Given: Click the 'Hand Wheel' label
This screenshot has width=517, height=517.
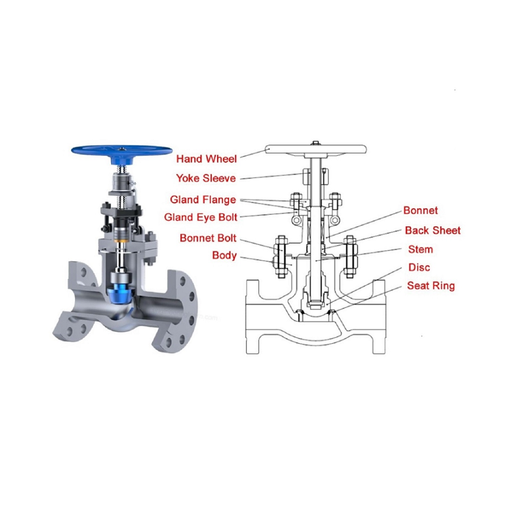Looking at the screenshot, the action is click(206, 159).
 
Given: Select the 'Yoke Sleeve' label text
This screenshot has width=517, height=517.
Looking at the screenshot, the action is click(206, 178).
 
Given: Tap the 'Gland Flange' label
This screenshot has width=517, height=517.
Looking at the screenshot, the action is click(203, 200).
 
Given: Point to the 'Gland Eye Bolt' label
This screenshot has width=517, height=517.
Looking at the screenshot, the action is click(200, 217).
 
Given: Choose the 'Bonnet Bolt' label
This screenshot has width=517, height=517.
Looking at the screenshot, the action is click(207, 238).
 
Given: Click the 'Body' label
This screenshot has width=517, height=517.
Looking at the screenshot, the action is click(224, 255).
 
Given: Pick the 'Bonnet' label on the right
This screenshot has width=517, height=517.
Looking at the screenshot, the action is click(421, 211).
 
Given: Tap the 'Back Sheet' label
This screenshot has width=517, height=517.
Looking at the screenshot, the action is click(432, 231).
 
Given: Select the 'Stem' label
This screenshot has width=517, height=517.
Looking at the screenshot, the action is click(421, 249).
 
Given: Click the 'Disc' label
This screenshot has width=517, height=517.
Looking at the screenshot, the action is click(419, 268).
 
